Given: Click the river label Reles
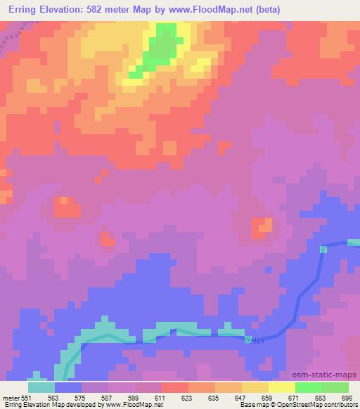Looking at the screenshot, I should [x=252, y=339].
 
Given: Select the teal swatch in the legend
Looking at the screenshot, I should [x=41, y=387].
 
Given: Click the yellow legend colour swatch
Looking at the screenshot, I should [x=281, y=387].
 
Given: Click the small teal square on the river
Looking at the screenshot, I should [x=323, y=249].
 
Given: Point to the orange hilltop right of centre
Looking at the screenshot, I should [x=264, y=226].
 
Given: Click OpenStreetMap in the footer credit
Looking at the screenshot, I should [x=310, y=405].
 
